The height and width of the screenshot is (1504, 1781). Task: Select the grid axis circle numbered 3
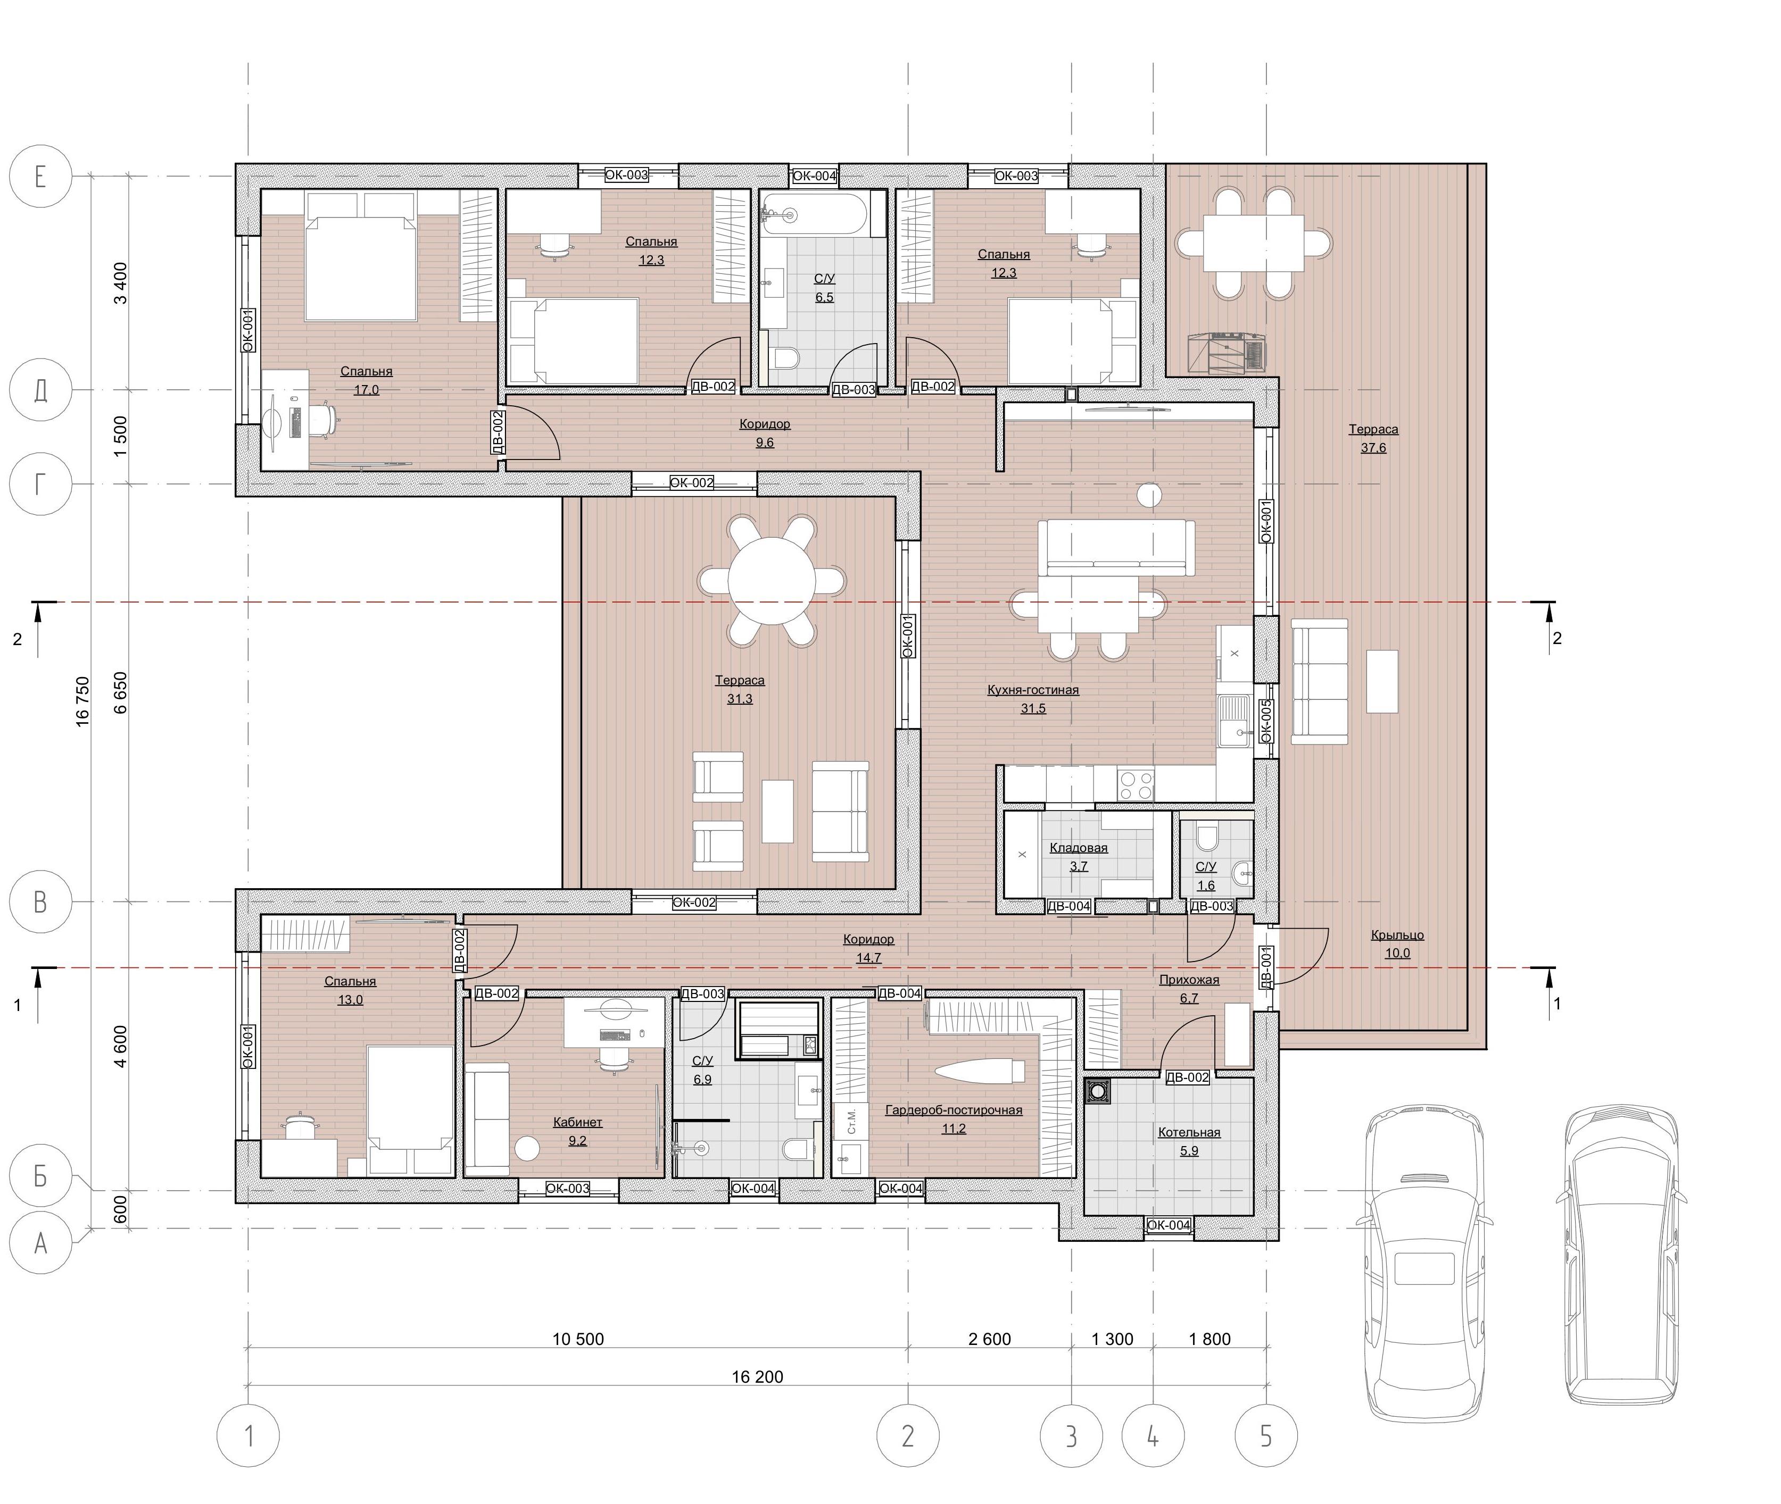pyautogui.click(x=1071, y=1436)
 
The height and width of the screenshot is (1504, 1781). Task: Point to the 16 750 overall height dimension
pyautogui.click(x=82, y=701)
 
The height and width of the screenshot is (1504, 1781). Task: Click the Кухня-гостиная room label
pyautogui.click(x=1033, y=690)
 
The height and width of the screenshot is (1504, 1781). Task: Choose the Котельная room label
pyautogui.click(x=1189, y=1132)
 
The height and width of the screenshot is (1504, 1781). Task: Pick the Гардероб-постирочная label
pyautogui.click(x=954, y=1110)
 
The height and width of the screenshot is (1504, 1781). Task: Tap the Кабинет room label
pyautogui.click(x=577, y=1122)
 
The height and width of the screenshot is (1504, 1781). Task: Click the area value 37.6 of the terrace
pyautogui.click(x=1373, y=448)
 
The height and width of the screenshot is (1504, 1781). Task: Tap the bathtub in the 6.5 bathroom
pyautogui.click(x=815, y=213)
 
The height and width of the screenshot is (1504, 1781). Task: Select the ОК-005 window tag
pyautogui.click(x=1266, y=721)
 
